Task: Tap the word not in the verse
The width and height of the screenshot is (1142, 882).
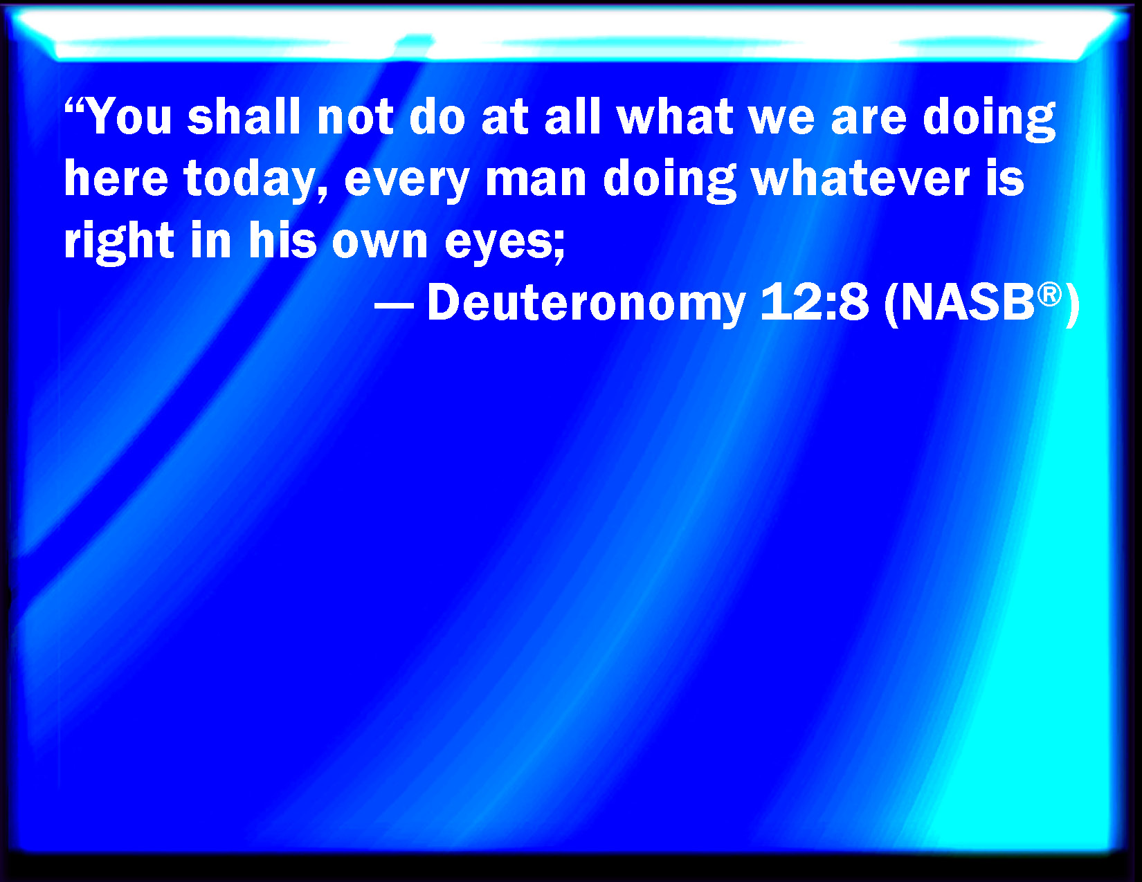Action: (355, 117)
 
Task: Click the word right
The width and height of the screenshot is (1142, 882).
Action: (119, 241)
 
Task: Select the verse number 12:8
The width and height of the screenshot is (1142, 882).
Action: (814, 302)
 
